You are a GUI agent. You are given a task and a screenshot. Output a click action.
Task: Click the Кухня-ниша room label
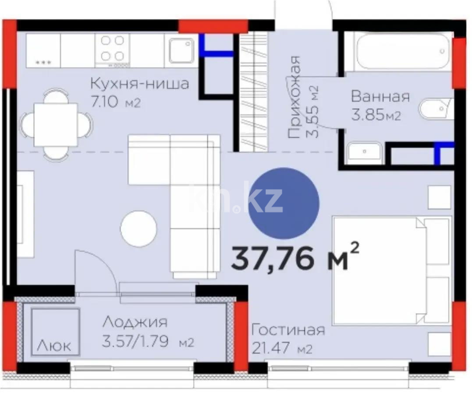click(139, 83)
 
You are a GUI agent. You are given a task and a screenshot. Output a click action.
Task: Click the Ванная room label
click(380, 96)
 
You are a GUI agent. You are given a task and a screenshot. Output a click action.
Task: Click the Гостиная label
click(288, 330)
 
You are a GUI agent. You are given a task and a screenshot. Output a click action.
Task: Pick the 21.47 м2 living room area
click(282, 349)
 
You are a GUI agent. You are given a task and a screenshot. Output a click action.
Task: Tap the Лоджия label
click(135, 322)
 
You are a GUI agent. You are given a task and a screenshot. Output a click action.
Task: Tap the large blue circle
click(284, 204)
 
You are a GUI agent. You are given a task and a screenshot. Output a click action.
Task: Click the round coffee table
click(138, 228)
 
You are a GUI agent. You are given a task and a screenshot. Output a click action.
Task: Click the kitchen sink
click(181, 50)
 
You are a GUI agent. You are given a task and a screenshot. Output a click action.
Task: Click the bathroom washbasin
click(364, 153)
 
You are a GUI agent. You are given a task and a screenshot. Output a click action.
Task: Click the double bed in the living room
click(391, 271)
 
